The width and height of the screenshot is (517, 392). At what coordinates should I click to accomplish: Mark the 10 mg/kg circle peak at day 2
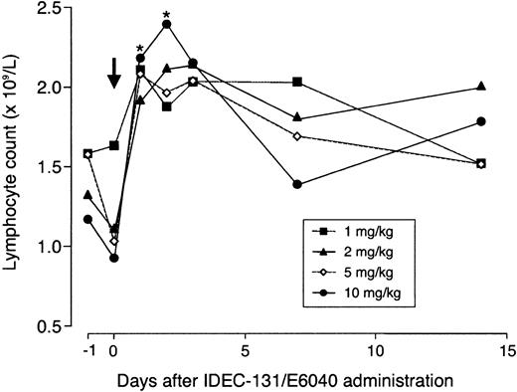(x=166, y=24)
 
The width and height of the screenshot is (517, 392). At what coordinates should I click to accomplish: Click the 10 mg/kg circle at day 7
(x=297, y=184)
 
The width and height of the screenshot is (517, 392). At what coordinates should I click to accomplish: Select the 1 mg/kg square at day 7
(x=297, y=82)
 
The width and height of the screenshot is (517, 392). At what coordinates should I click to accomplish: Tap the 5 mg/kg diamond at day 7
(x=297, y=135)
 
